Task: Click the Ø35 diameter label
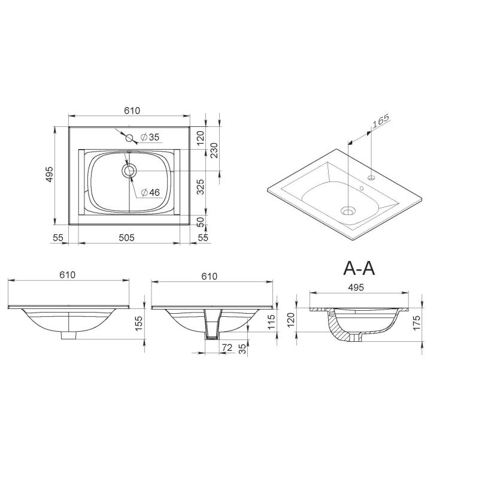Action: coord(150,138)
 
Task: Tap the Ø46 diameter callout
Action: coord(151,193)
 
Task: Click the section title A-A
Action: coord(359,268)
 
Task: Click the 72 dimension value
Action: coord(227,347)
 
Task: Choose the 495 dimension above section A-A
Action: coord(356,288)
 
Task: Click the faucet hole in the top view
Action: coord(129,138)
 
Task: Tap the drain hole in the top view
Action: coord(128,171)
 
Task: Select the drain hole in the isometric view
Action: coord(348,211)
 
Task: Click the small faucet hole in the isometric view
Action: coord(371,178)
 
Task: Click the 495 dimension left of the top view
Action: coord(50,175)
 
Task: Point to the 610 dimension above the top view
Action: coord(132,110)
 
